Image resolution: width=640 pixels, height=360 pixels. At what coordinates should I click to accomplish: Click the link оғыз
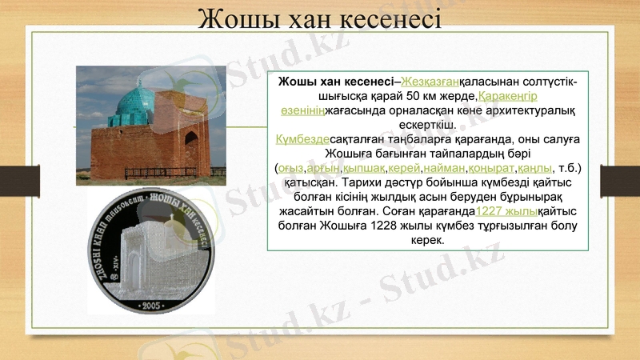(x=291, y=168)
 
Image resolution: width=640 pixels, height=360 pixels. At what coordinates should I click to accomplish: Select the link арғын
(x=324, y=168)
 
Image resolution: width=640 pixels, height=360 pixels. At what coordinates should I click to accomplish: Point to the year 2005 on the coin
(x=150, y=306)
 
